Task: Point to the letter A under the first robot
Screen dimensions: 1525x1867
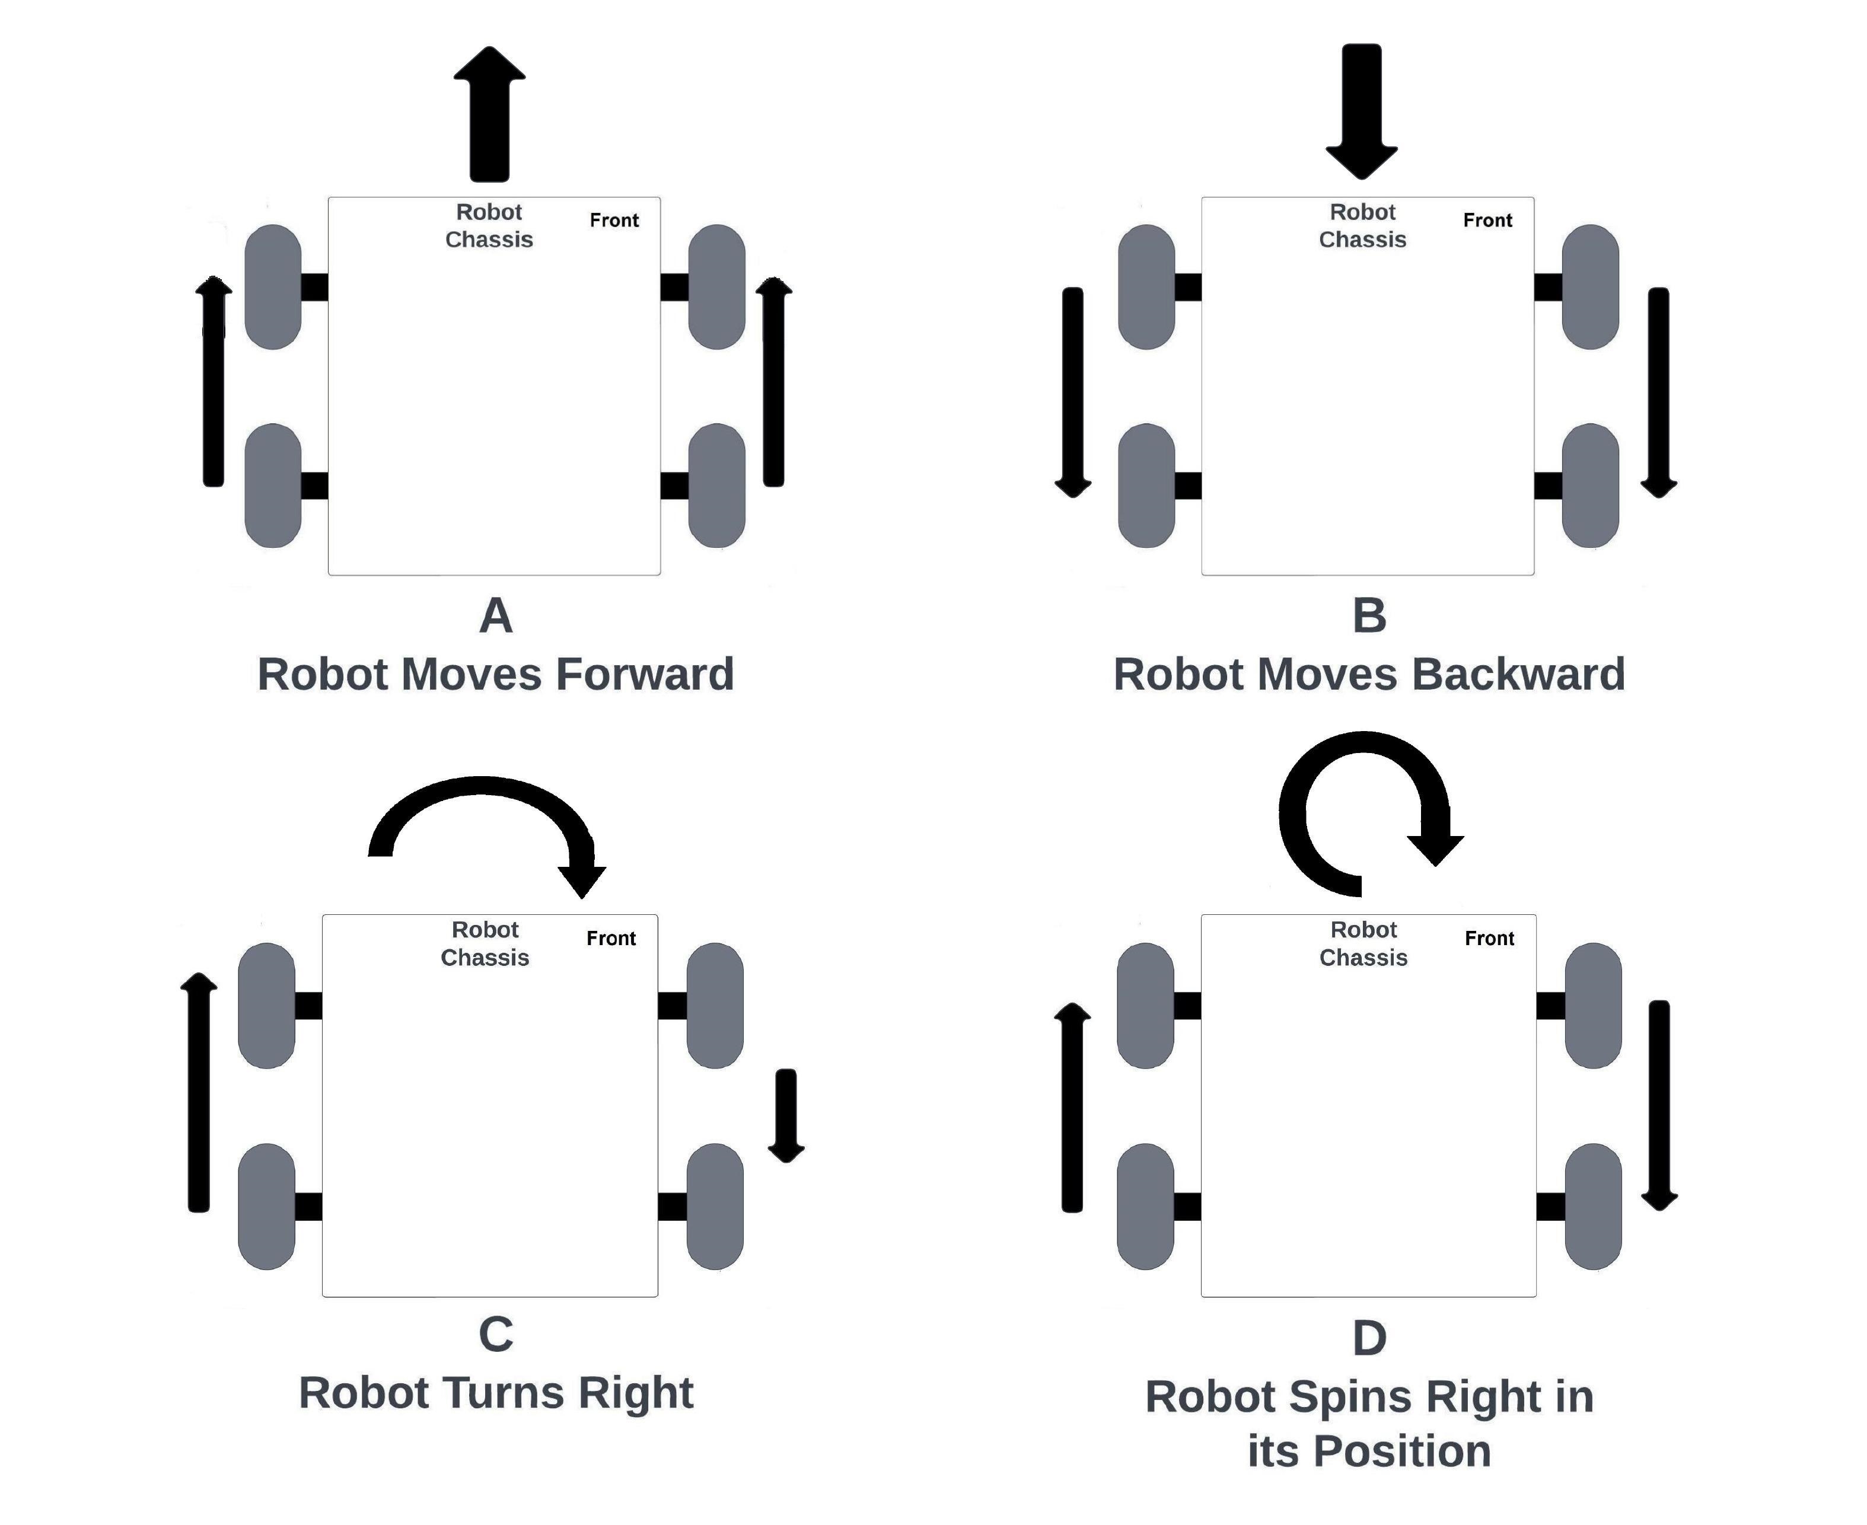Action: [496, 616]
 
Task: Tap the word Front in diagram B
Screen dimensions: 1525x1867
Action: [1487, 221]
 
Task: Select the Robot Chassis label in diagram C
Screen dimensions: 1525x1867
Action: [485, 943]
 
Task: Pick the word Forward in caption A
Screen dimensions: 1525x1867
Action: [645, 675]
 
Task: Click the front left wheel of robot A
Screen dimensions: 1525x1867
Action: [273, 286]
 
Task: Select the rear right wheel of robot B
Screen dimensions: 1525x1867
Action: [1590, 485]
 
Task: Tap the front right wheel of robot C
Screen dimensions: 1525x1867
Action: [714, 1005]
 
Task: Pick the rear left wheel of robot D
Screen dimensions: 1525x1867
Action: [1145, 1206]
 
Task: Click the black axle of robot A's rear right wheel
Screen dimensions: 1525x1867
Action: [674, 485]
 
